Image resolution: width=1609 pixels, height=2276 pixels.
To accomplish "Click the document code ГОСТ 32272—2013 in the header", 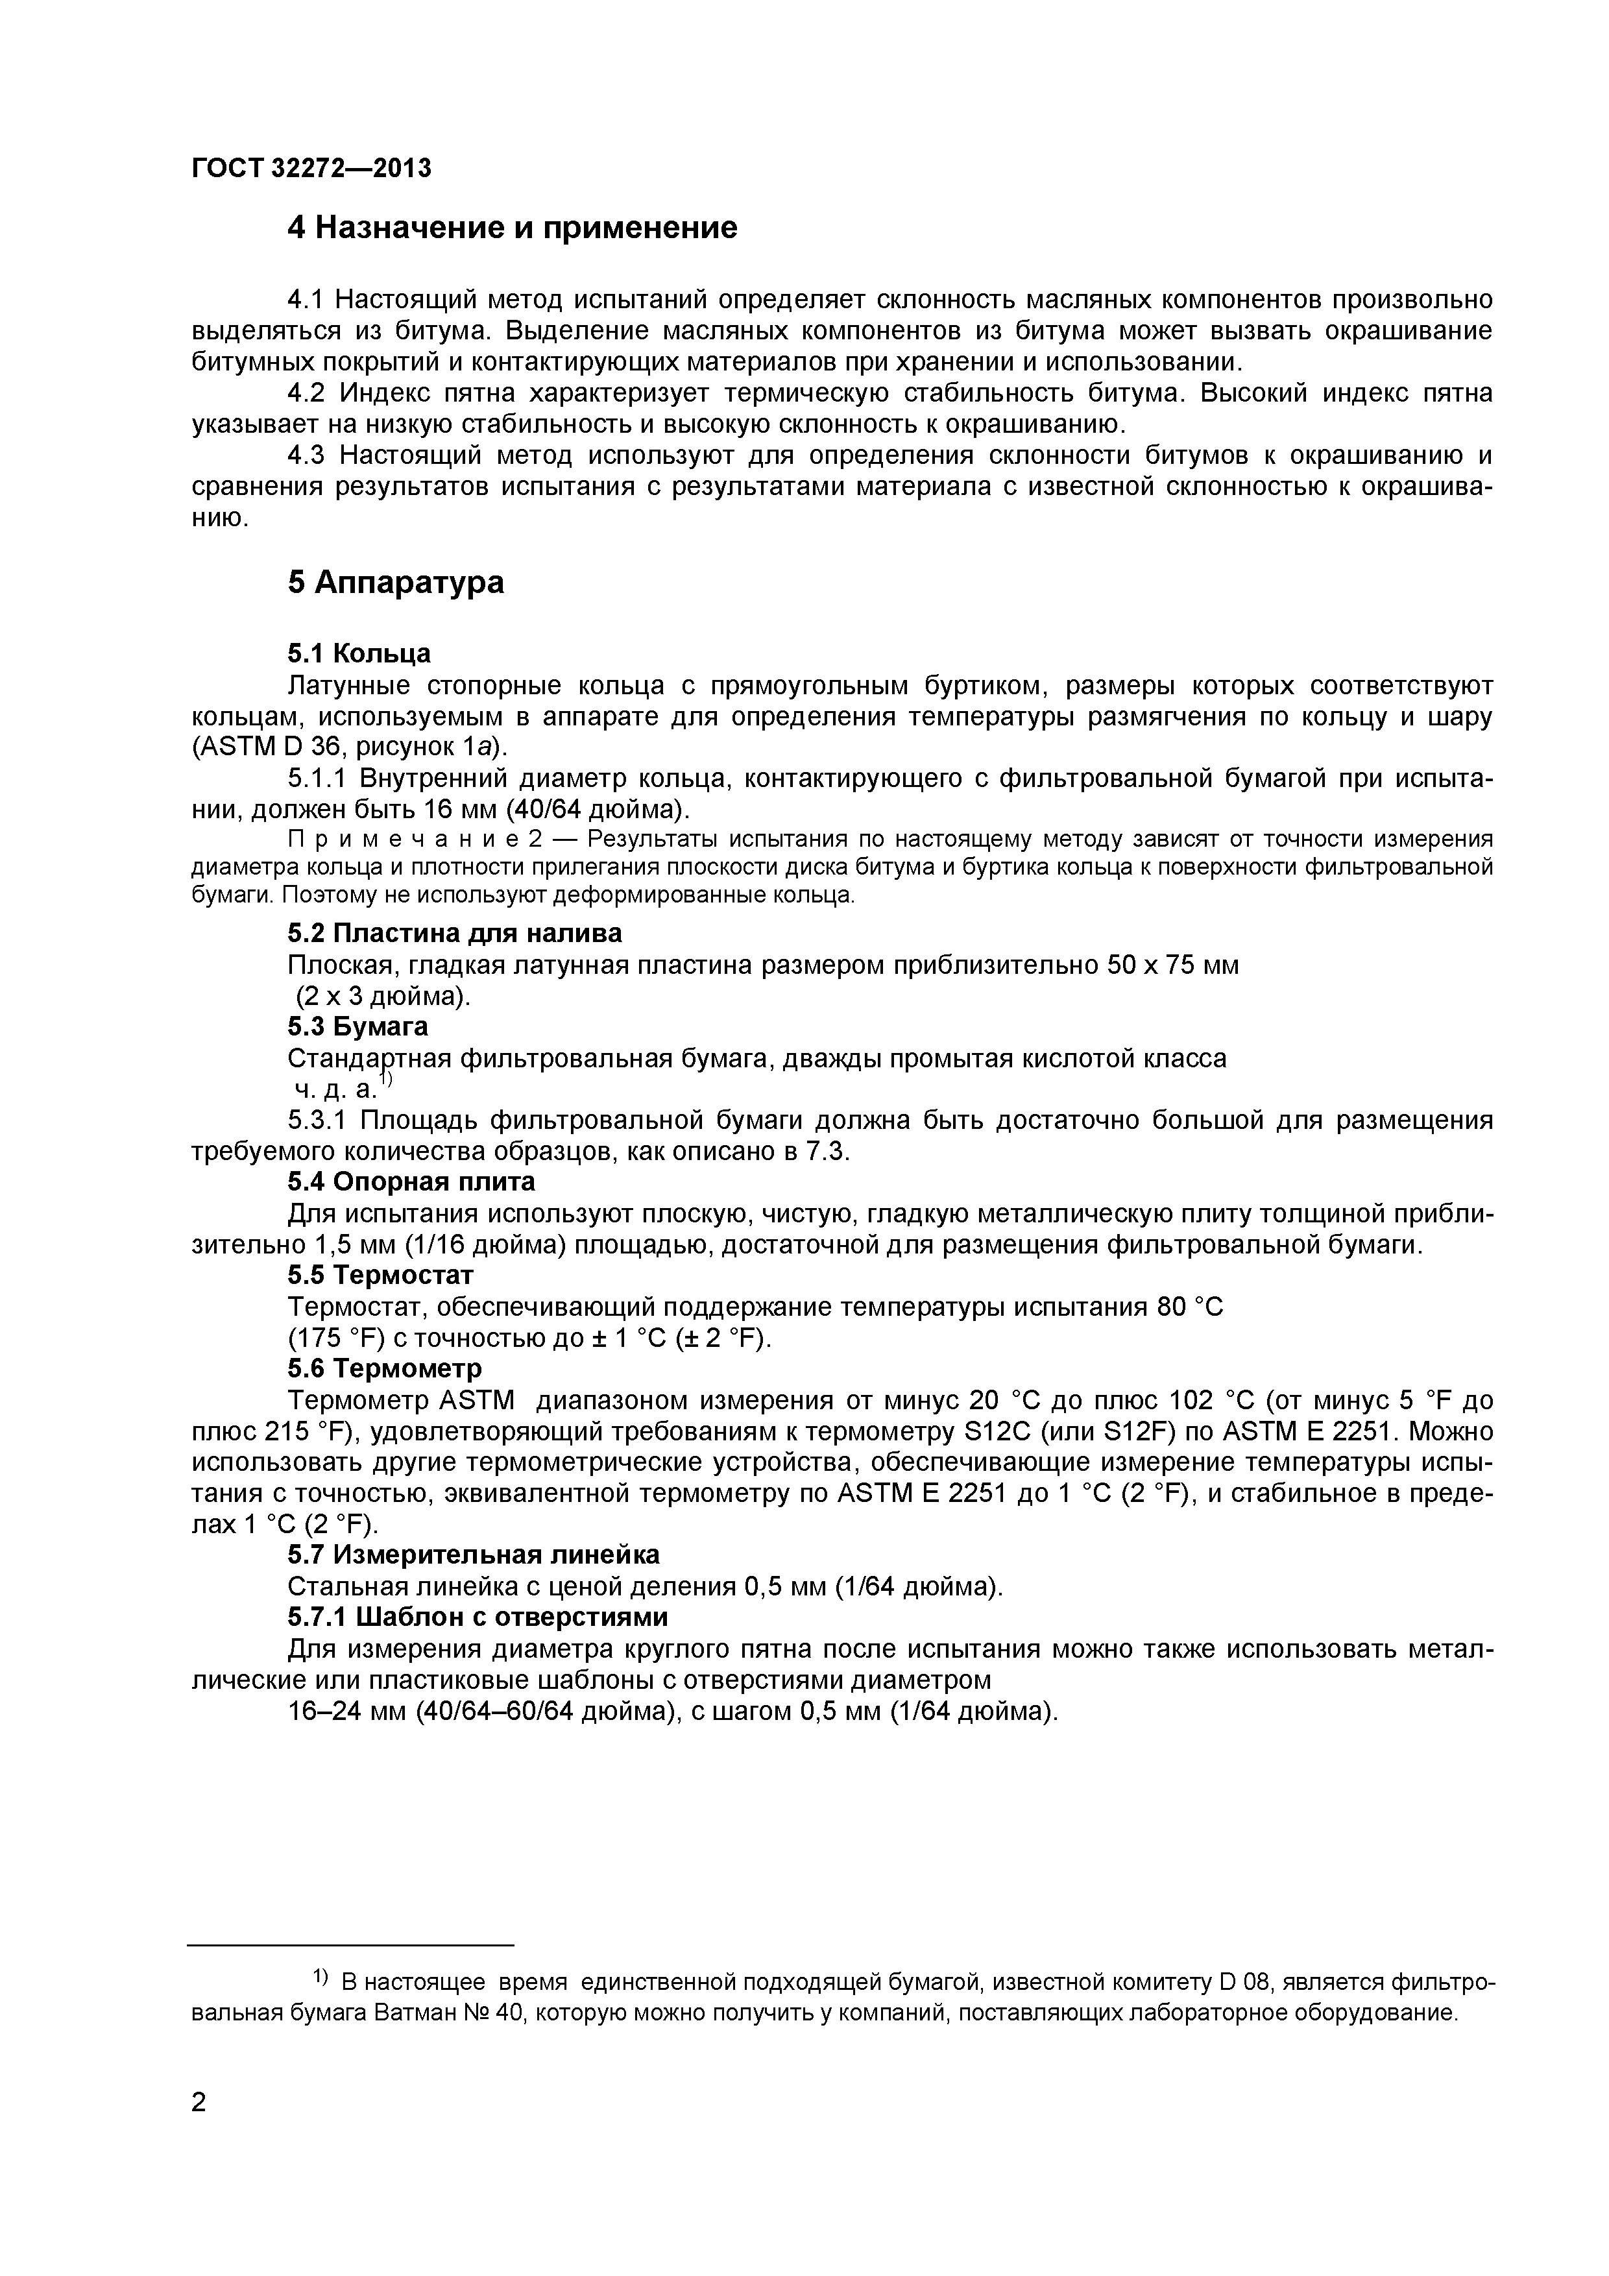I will click(x=311, y=169).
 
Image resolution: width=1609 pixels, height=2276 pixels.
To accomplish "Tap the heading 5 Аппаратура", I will click(x=396, y=582).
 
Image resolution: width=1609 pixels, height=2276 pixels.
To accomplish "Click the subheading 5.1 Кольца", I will click(x=359, y=653).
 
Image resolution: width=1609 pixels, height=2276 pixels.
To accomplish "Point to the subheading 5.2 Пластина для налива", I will click(x=454, y=933).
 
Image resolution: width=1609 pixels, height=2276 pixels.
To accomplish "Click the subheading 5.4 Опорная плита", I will click(x=411, y=1181).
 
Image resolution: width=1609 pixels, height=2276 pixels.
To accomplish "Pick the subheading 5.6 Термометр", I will click(x=385, y=1368).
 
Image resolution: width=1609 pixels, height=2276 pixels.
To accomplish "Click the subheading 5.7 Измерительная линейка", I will click(x=473, y=1555).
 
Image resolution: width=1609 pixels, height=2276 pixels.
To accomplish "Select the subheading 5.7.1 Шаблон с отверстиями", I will click(x=477, y=1617).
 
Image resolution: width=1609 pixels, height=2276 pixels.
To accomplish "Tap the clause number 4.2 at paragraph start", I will click(x=306, y=394).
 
